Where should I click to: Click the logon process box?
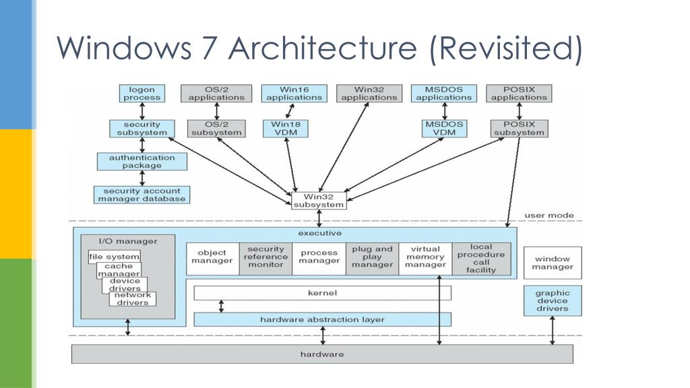pos(142,94)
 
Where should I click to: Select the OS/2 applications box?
pos(216,94)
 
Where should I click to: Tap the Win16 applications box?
pos(294,94)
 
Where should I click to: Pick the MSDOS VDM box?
pos(445,129)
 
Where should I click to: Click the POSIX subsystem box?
pos(520,129)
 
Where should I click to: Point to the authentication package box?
pos(142,162)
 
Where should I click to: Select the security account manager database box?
pos(142,195)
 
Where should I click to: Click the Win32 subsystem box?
pos(319,201)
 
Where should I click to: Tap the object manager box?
pos(212,259)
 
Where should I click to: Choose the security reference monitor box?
pos(265,259)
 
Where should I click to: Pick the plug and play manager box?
pos(372,259)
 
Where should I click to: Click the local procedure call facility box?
pos(481,259)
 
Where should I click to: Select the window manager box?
pos(553,263)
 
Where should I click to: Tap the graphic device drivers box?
pos(553,301)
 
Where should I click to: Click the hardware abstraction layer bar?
pos(323,319)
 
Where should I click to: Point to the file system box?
pos(115,257)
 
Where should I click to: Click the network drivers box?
pos(133,299)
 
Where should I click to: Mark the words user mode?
pos(549,216)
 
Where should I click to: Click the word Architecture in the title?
pos(323,48)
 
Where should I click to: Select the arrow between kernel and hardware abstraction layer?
pos(221,306)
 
